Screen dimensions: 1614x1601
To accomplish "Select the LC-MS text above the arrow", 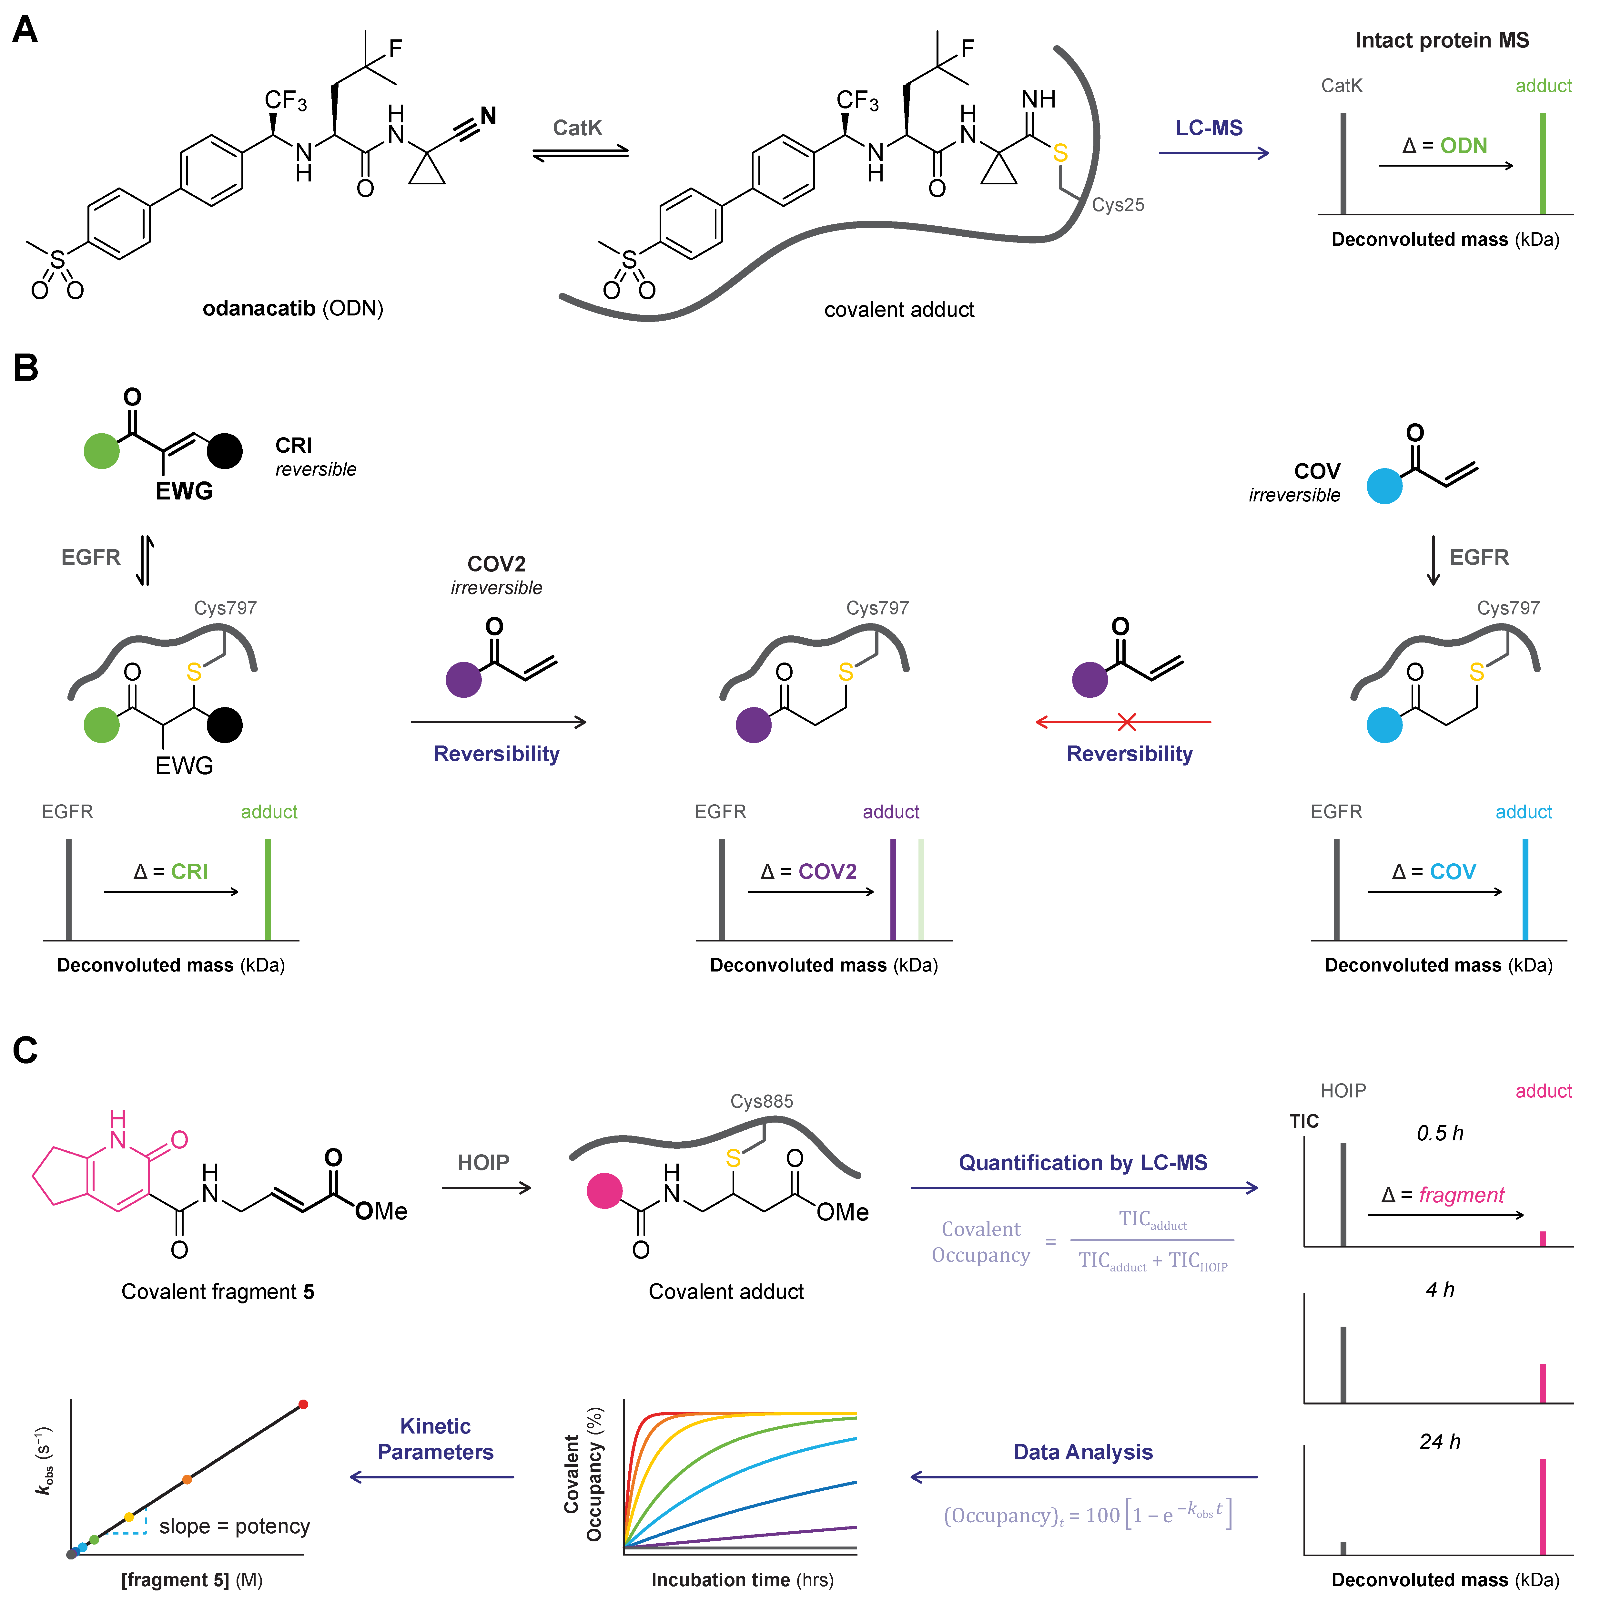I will pyautogui.click(x=1209, y=128).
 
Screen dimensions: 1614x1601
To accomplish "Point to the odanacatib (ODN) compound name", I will pyautogui.click(x=292, y=308).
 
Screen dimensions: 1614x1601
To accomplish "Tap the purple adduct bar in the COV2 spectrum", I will pyautogui.click(x=893, y=890).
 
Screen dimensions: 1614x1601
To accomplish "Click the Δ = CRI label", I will pyautogui.click(x=170, y=871).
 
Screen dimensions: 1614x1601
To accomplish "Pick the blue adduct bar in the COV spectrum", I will pyautogui.click(x=1525, y=890).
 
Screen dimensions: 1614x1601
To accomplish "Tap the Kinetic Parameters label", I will pyautogui.click(x=435, y=1439).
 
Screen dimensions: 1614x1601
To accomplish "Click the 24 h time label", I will pyautogui.click(x=1440, y=1441).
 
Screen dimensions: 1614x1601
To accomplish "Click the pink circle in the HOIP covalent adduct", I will pyautogui.click(x=605, y=1190).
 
